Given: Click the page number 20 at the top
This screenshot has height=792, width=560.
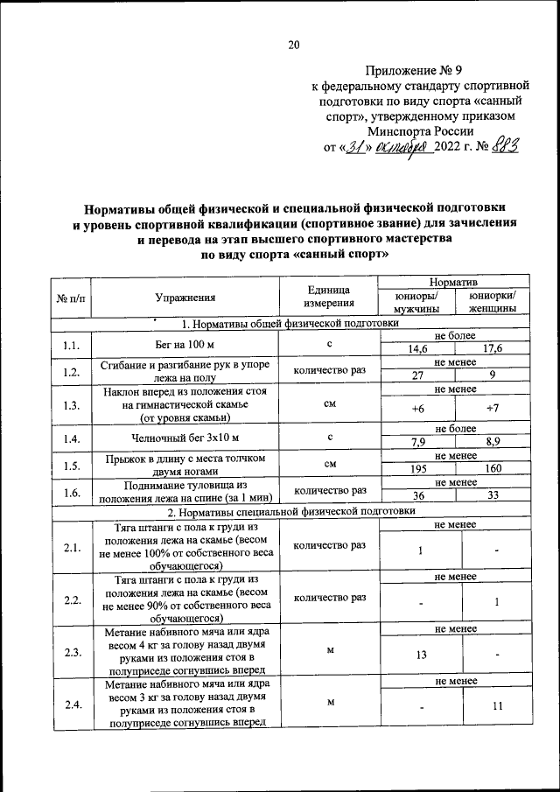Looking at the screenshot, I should pos(293,46).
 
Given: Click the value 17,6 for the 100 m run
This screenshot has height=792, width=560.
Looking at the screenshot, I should pos(496,350).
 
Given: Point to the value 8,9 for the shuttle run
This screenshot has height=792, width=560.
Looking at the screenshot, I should pos(496,443).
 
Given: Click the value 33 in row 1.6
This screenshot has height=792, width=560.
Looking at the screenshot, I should pos(496,495).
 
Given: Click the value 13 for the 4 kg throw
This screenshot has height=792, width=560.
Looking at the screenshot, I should pos(422,655).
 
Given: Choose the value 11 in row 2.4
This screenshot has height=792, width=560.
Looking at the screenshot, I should pos(496,707).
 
